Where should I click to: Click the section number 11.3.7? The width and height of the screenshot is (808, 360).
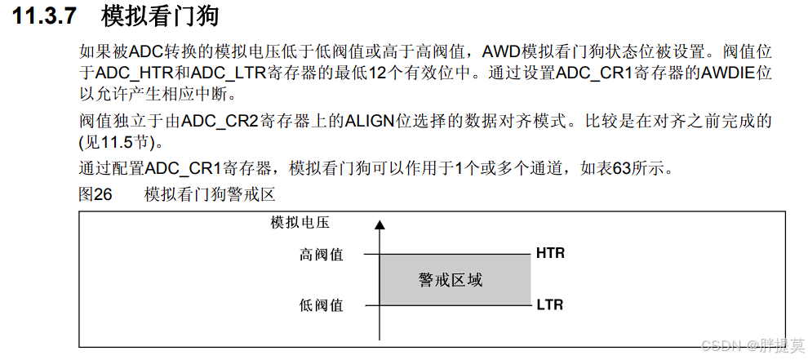[46, 16]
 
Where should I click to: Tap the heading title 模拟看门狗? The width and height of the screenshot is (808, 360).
[160, 16]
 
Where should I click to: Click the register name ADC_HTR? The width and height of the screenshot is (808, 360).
[132, 73]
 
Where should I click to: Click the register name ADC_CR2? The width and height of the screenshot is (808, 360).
[220, 122]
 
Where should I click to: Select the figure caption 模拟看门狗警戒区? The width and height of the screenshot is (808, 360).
[210, 195]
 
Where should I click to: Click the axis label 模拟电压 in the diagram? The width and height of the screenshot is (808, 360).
[300, 222]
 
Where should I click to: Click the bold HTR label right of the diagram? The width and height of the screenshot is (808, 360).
[550, 253]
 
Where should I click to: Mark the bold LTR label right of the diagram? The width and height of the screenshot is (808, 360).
[550, 305]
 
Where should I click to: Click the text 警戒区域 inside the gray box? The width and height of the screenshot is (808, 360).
[451, 280]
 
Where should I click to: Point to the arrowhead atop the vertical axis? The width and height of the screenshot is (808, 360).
[378, 224]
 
